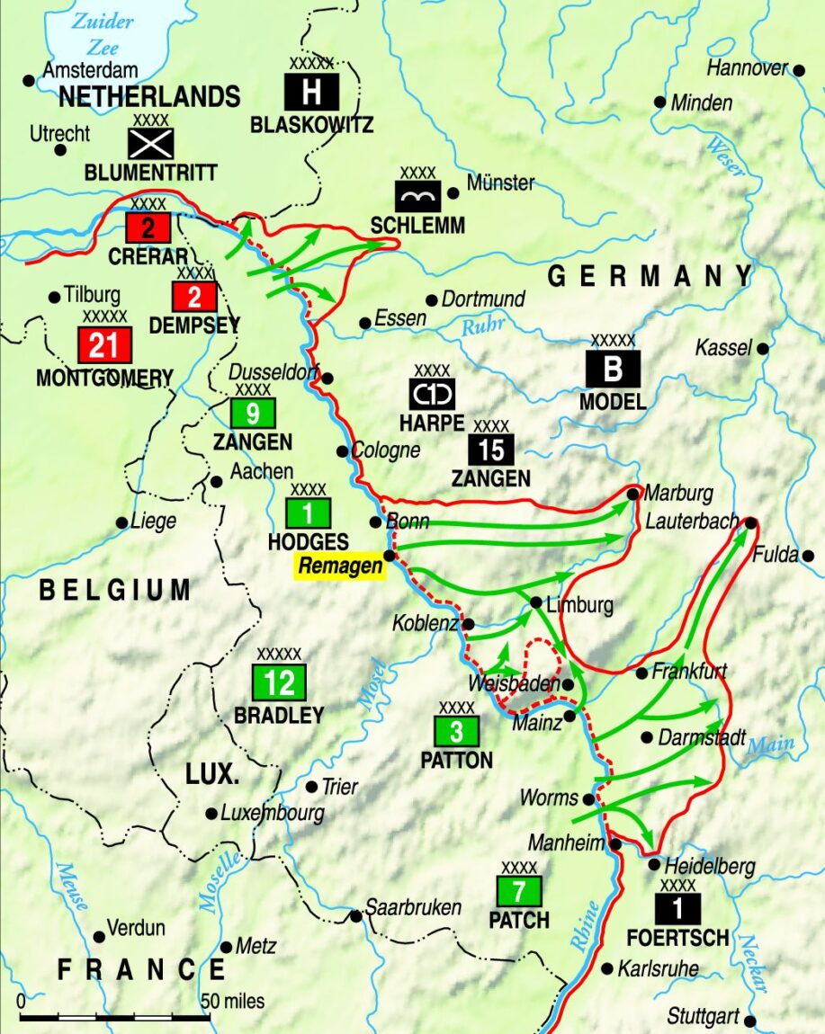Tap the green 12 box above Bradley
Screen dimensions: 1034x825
click(280, 682)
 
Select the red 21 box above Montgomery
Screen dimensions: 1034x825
click(104, 344)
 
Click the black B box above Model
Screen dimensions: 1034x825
click(613, 369)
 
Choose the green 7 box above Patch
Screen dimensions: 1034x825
click(519, 891)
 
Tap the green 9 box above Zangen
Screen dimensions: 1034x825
click(253, 413)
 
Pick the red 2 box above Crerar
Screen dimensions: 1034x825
click(148, 228)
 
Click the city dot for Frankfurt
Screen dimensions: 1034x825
click(641, 673)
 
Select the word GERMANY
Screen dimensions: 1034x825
click(650, 276)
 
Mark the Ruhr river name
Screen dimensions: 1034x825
click(482, 326)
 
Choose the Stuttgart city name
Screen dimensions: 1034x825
click(703, 1017)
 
